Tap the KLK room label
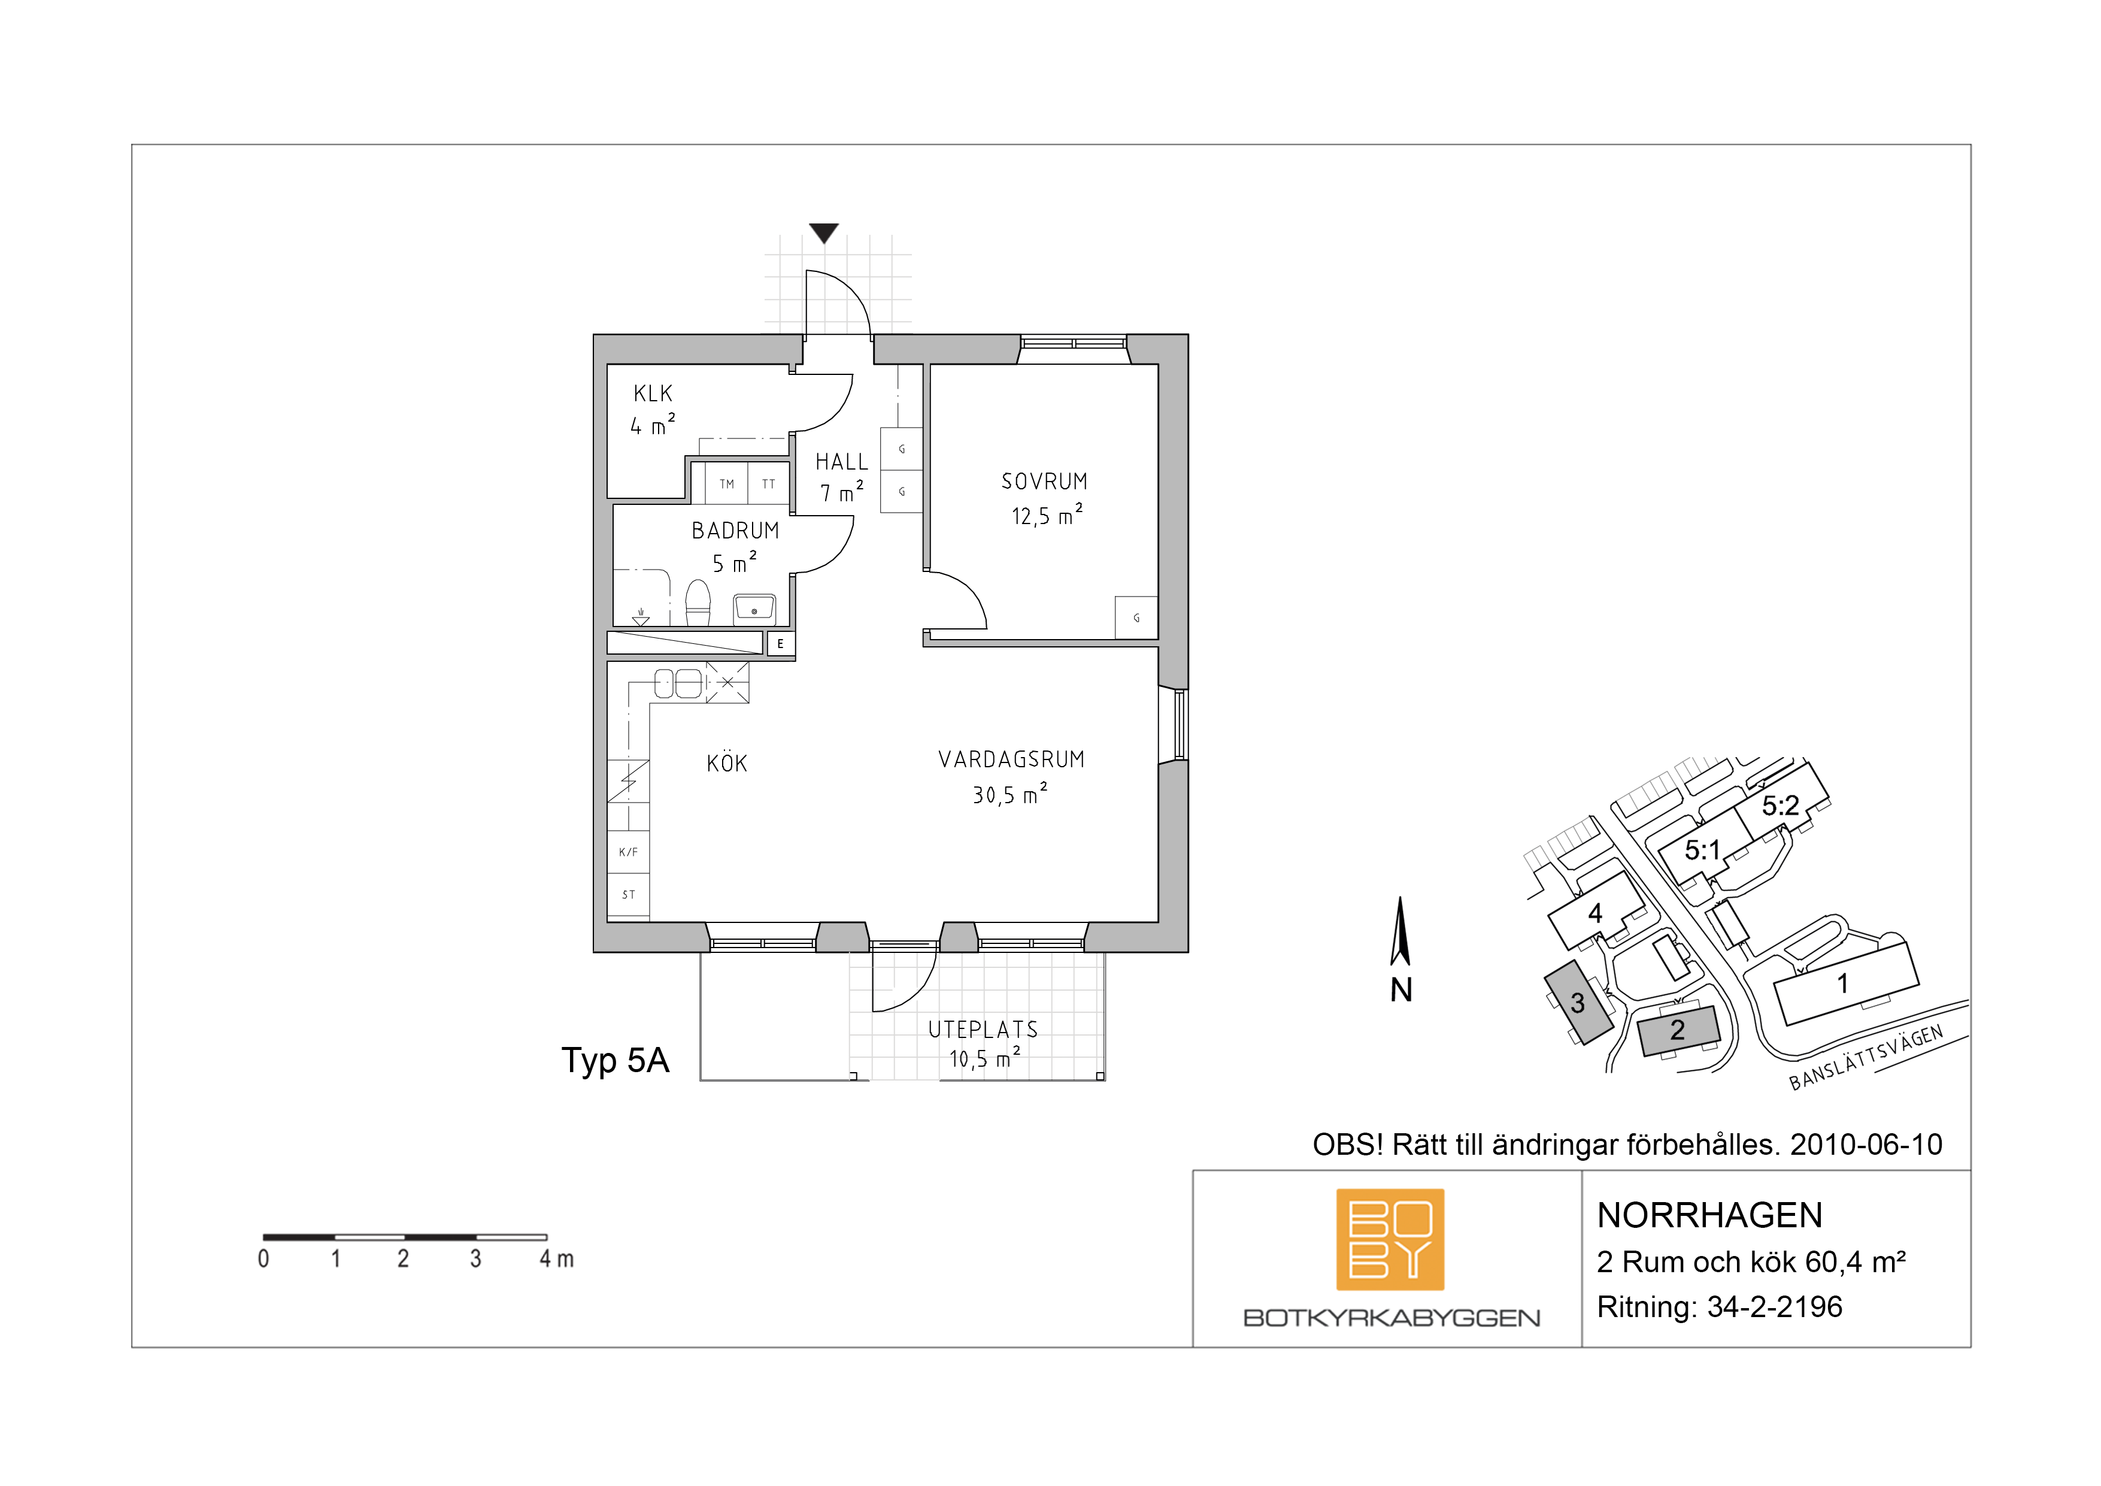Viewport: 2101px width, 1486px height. [653, 394]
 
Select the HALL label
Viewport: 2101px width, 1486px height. [842, 462]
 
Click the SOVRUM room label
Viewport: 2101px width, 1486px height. [1044, 482]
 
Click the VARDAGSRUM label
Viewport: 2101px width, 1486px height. [1011, 760]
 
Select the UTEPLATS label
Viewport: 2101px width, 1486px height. [983, 1030]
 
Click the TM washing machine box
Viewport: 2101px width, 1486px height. [726, 483]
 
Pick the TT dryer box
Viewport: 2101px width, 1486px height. [769, 483]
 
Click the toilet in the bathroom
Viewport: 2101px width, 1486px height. [698, 603]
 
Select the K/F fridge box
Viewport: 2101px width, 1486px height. [629, 852]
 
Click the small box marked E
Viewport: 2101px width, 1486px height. [781, 644]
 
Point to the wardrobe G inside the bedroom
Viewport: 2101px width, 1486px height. [1136, 618]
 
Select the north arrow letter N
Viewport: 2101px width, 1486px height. [1402, 989]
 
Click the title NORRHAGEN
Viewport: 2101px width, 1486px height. [1709, 1216]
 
